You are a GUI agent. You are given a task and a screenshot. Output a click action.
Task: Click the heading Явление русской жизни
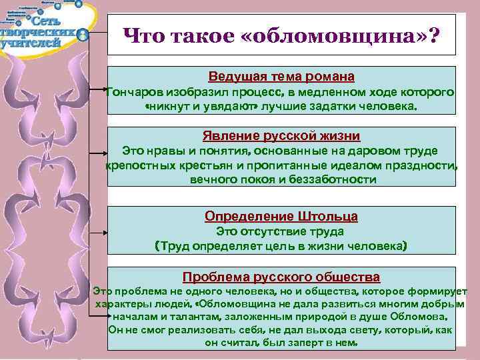[x=281, y=136]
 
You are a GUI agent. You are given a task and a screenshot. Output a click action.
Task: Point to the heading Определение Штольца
[x=281, y=217]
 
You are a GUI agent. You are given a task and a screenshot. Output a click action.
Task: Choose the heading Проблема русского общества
[x=281, y=277]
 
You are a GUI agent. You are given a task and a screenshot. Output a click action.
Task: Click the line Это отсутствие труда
[x=280, y=231]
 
